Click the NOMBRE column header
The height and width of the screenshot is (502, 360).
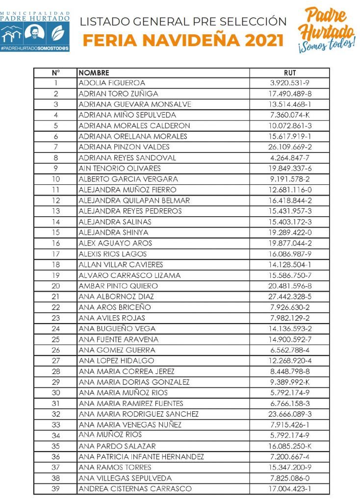coord(94,73)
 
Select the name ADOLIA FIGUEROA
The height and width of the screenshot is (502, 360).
coord(112,83)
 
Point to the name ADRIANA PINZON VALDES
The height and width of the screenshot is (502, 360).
coord(124,147)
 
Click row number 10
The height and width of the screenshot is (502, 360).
coord(55,179)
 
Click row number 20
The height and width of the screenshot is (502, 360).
coord(55,286)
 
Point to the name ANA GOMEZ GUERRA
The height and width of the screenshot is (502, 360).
coord(117,350)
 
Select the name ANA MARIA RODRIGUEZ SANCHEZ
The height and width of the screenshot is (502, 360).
coord(139,414)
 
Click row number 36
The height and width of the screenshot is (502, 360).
coord(55,457)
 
